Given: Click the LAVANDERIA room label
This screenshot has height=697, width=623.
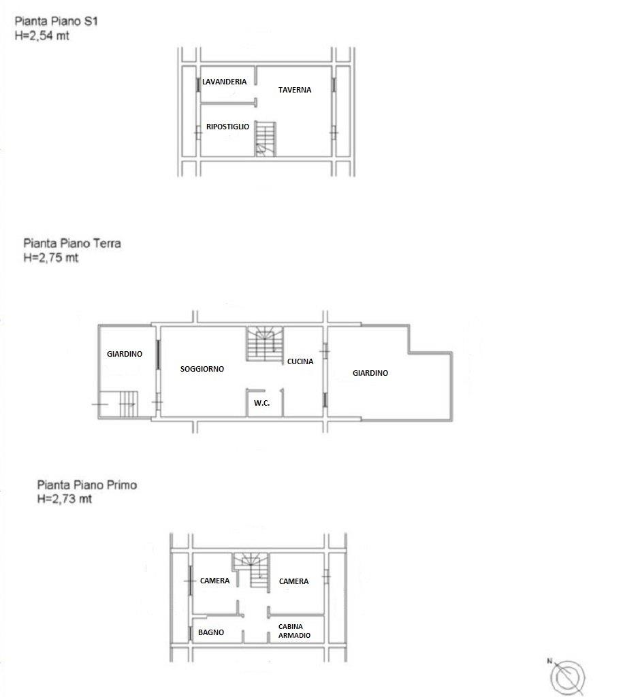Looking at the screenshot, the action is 224,82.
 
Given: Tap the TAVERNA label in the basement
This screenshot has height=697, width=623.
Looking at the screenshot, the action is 295,90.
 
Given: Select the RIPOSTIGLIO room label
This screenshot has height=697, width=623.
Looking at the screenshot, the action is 227,127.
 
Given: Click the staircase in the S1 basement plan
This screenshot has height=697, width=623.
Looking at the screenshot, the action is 266,139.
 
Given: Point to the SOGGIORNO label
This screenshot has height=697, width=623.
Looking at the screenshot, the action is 202,369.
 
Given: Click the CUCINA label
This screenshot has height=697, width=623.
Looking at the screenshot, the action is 300,361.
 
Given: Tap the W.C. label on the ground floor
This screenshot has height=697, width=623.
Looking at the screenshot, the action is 262,403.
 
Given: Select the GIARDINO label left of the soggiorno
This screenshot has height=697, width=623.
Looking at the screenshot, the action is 125,354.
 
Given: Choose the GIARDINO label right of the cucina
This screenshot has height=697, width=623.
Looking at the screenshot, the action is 370,373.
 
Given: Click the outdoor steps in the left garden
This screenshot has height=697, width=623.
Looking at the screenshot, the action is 129,404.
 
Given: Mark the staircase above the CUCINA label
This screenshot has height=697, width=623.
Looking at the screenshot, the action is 265,344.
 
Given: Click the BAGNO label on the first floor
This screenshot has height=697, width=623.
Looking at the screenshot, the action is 211,632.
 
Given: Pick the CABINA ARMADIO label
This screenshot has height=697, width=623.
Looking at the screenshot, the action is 294,631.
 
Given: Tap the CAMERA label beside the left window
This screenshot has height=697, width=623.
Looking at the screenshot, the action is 214,581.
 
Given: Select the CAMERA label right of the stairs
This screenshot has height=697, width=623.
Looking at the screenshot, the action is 294,581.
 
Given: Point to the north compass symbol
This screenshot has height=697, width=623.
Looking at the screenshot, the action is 567,677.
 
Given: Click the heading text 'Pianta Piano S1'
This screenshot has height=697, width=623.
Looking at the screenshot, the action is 56,21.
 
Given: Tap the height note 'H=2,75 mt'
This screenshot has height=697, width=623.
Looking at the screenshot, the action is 51,257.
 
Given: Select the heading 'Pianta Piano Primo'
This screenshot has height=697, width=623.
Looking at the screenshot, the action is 87,485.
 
